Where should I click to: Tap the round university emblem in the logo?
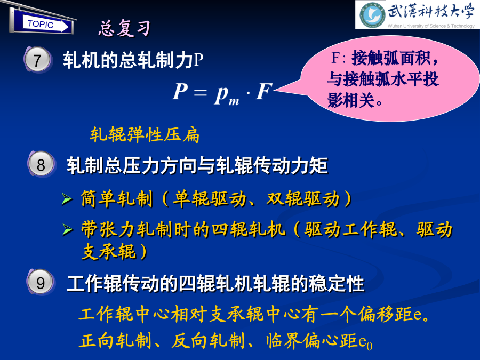372,15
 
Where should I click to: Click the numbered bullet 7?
37,60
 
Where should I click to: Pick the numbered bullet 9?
41,282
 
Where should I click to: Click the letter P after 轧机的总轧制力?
198,60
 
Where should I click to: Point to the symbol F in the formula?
263,91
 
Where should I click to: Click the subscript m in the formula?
234,101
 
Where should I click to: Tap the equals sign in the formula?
200,92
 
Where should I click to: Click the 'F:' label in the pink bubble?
339,58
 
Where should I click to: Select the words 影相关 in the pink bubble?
351,100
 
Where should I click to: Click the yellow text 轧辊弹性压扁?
145,135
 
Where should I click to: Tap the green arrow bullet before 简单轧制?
67,199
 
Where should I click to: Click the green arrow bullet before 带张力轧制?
67,229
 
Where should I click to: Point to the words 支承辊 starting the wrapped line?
109,252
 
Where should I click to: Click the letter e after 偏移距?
418,315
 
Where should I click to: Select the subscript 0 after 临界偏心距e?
370,346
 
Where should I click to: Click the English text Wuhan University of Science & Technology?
431,26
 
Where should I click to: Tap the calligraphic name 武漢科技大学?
431,11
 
